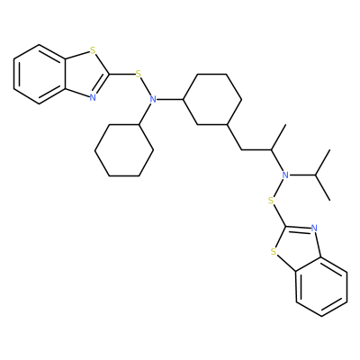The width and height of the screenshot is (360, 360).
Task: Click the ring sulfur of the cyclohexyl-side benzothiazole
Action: pyautogui.click(x=93, y=49)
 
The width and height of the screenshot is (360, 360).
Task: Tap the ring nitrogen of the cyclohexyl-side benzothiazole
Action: pyautogui.click(x=93, y=97)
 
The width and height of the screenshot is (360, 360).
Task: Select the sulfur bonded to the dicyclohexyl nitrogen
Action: pyautogui.click(x=138, y=74)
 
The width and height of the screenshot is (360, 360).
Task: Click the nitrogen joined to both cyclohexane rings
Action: pyautogui.click(x=153, y=99)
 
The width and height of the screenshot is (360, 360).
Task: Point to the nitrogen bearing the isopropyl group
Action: pyautogui.click(x=285, y=175)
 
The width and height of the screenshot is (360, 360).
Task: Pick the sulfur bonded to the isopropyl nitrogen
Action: pyautogui.click(x=271, y=200)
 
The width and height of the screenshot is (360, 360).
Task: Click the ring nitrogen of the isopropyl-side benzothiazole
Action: pyautogui.click(x=314, y=229)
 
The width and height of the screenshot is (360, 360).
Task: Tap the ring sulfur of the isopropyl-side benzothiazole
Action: pyautogui.click(x=273, y=251)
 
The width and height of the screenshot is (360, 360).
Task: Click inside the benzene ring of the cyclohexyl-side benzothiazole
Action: pyautogui.click(x=40, y=75)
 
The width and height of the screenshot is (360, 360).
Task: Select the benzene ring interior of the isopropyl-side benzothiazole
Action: pyautogui.click(x=321, y=286)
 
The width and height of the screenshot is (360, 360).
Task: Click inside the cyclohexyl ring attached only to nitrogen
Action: pyautogui.click(x=124, y=150)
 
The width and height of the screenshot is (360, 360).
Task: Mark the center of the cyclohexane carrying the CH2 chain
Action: pyautogui.click(x=212, y=99)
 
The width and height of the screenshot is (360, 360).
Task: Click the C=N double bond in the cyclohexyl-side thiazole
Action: pyautogui.click(x=102, y=85)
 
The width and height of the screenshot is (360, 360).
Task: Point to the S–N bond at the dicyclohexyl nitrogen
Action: pyautogui.click(x=146, y=86)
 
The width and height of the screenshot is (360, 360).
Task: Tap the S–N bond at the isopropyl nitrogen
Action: pyautogui.click(x=278, y=187)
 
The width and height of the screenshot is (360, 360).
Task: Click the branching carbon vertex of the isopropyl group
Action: pyautogui.click(x=315, y=175)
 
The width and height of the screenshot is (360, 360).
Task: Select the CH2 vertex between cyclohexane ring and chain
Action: pyautogui.click(x=242, y=149)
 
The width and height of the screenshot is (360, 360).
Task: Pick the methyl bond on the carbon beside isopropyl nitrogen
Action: pyautogui.click(x=278, y=137)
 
